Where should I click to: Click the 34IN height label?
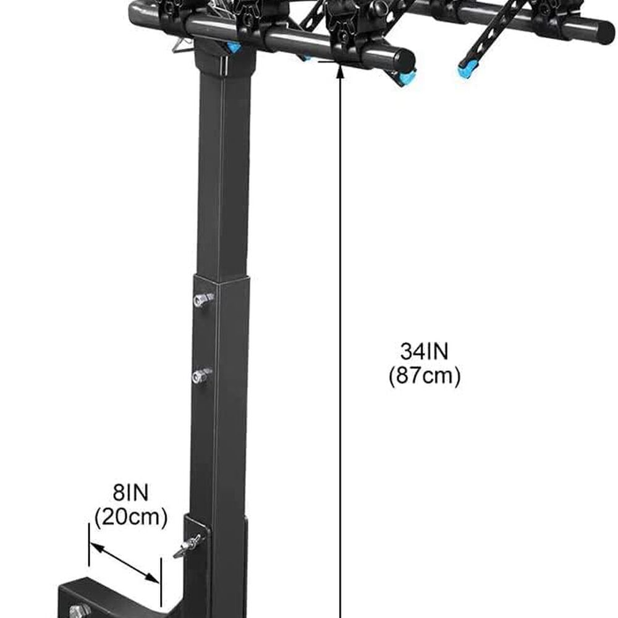pos(424,351)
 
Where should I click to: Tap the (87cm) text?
pos(425,376)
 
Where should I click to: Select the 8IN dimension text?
pos(131,493)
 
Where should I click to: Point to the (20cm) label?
pos(131,517)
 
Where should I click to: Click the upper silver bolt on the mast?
pos(203,300)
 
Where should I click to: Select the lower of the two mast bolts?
pos(202,376)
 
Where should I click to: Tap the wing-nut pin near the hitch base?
pos(188,546)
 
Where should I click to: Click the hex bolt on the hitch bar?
pos(80,611)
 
